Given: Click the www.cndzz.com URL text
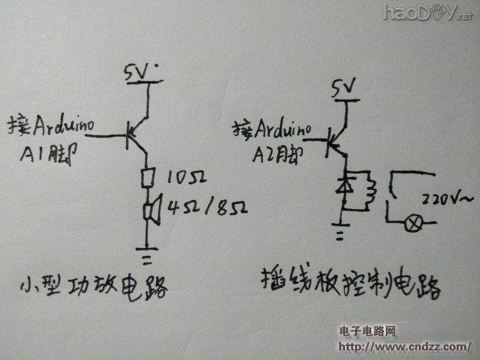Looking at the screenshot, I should point(404,346).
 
